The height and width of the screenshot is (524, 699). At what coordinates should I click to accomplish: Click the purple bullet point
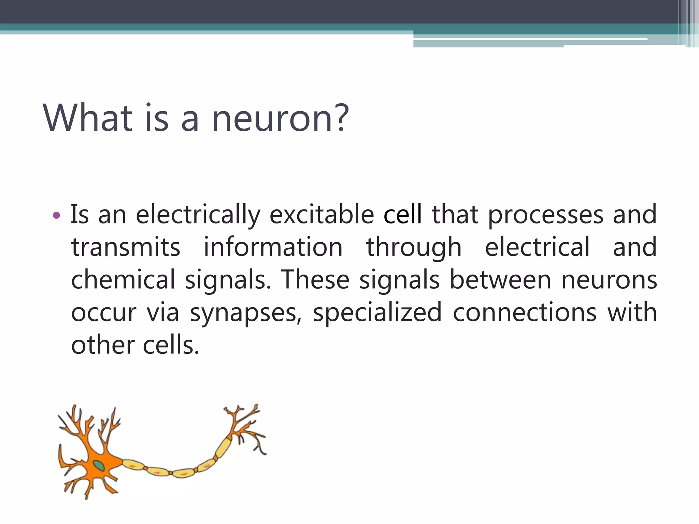(x=57, y=215)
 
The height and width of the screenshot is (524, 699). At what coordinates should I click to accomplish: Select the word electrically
(x=198, y=215)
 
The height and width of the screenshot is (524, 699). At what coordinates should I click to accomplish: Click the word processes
(x=545, y=215)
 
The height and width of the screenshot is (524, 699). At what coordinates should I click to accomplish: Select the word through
(x=414, y=247)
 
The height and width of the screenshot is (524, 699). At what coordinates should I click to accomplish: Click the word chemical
(x=123, y=279)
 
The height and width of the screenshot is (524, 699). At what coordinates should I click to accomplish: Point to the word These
(x=315, y=279)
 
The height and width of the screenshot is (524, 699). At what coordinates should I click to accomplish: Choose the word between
(x=500, y=279)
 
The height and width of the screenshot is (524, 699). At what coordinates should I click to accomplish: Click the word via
(x=163, y=312)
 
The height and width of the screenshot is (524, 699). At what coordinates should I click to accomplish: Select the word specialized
(x=377, y=312)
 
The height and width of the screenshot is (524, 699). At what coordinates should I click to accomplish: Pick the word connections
(x=525, y=312)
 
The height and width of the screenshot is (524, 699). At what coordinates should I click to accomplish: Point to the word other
(x=103, y=345)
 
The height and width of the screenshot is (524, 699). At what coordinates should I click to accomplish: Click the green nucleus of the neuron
(x=99, y=465)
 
